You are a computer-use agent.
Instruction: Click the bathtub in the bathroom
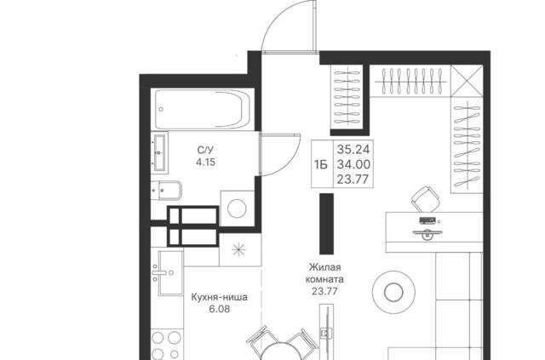(x=203, y=109)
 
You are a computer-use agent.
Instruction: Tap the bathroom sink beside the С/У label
(x=159, y=152)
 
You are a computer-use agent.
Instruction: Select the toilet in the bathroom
(x=167, y=190)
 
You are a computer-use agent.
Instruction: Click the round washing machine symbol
(x=237, y=209)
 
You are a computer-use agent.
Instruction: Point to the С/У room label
(x=206, y=150)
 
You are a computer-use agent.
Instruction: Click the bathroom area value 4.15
(x=206, y=162)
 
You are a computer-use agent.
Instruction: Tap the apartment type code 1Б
(x=321, y=164)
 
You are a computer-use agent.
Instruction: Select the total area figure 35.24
(x=353, y=150)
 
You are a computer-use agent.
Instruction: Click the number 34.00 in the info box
(x=353, y=164)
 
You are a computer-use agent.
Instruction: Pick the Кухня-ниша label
(x=220, y=298)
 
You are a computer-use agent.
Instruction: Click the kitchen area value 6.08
(x=220, y=309)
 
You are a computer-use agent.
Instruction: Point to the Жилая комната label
(x=324, y=273)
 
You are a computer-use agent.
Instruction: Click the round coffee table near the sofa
(x=393, y=292)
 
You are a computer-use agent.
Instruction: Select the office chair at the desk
(x=426, y=199)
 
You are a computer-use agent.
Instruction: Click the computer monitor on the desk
(x=427, y=233)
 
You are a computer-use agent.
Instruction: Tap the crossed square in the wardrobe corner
(x=467, y=81)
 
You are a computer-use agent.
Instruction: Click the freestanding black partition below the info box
(x=327, y=224)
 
